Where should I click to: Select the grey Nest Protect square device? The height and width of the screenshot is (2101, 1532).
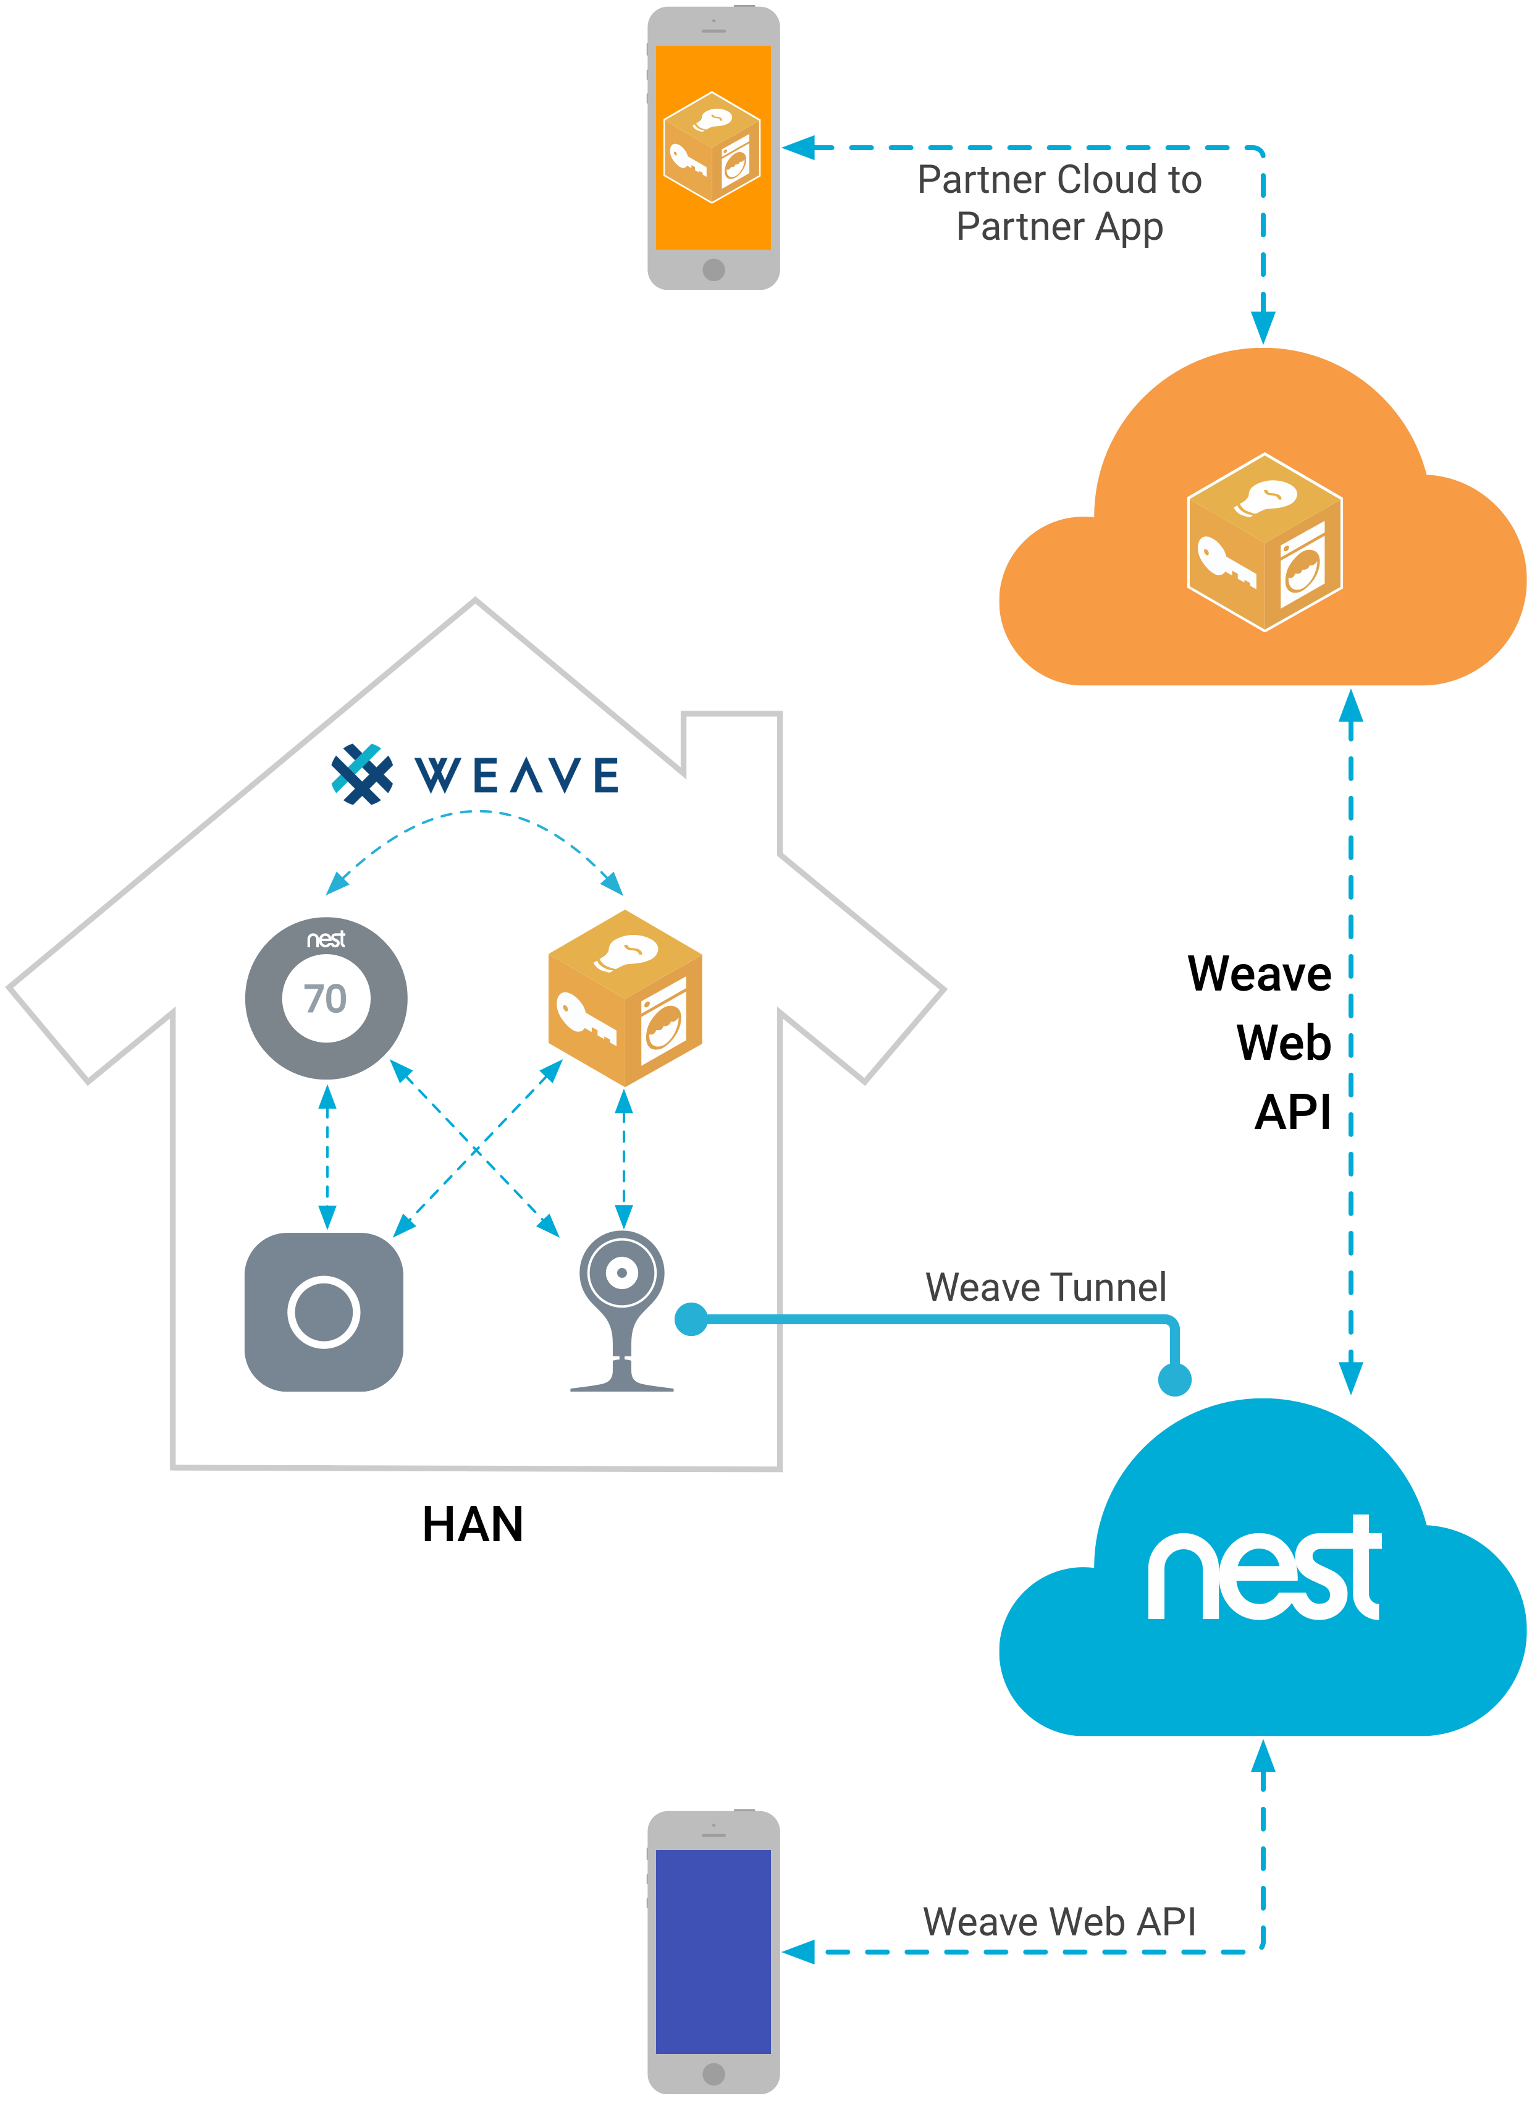pyautogui.click(x=324, y=1312)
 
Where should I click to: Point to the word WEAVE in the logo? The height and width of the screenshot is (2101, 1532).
pyautogui.click(x=516, y=776)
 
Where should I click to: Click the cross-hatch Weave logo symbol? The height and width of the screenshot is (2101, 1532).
pyautogui.click(x=361, y=774)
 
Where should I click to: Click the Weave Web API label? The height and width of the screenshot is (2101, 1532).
pyautogui.click(x=1059, y=1922)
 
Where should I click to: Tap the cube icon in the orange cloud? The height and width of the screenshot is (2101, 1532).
pyautogui.click(x=1264, y=543)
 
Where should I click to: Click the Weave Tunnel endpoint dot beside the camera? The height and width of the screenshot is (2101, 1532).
pyautogui.click(x=691, y=1319)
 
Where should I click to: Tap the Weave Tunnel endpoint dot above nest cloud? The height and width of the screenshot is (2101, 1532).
pyautogui.click(x=1174, y=1379)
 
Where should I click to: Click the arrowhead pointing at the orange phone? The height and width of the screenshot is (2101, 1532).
pyautogui.click(x=798, y=148)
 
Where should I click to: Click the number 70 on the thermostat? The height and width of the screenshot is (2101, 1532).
pyautogui.click(x=326, y=999)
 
